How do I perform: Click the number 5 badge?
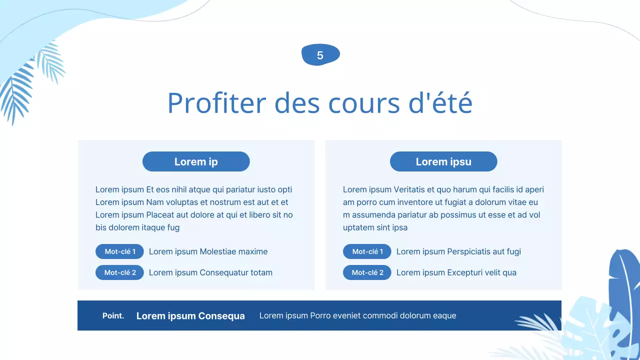point(320,55)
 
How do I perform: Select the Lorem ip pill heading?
point(196,161)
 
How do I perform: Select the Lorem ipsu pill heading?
point(443,161)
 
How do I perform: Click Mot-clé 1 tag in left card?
point(119,251)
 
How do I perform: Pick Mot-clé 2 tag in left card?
point(119,272)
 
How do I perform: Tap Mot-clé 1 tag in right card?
point(367,251)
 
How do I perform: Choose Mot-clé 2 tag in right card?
point(367,272)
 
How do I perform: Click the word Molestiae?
point(217,251)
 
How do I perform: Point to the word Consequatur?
point(223,272)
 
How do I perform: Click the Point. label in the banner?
point(113,315)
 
